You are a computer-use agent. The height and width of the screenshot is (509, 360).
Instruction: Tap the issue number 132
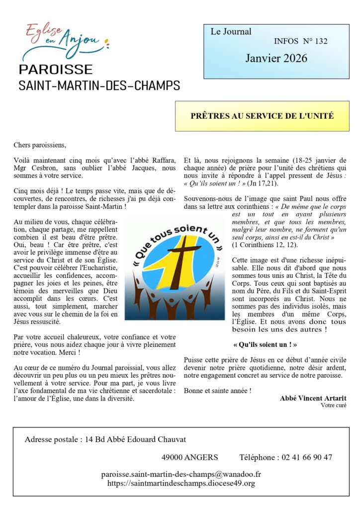(321, 41)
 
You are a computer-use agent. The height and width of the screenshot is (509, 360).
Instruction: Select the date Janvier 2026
(276, 59)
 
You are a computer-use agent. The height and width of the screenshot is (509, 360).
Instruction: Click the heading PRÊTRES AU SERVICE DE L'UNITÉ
(262, 116)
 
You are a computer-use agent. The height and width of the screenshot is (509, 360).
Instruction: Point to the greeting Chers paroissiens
(40, 146)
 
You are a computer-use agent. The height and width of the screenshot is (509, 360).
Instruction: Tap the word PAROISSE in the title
(55, 70)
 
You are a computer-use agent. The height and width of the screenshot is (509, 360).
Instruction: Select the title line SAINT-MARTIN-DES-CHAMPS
(99, 85)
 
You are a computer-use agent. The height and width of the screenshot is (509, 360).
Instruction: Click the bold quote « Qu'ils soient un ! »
(262, 344)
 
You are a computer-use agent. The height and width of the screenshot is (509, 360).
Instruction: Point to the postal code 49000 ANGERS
(189, 457)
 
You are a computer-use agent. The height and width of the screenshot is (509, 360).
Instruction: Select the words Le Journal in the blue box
(231, 32)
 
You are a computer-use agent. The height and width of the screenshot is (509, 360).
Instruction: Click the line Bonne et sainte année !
(217, 391)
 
